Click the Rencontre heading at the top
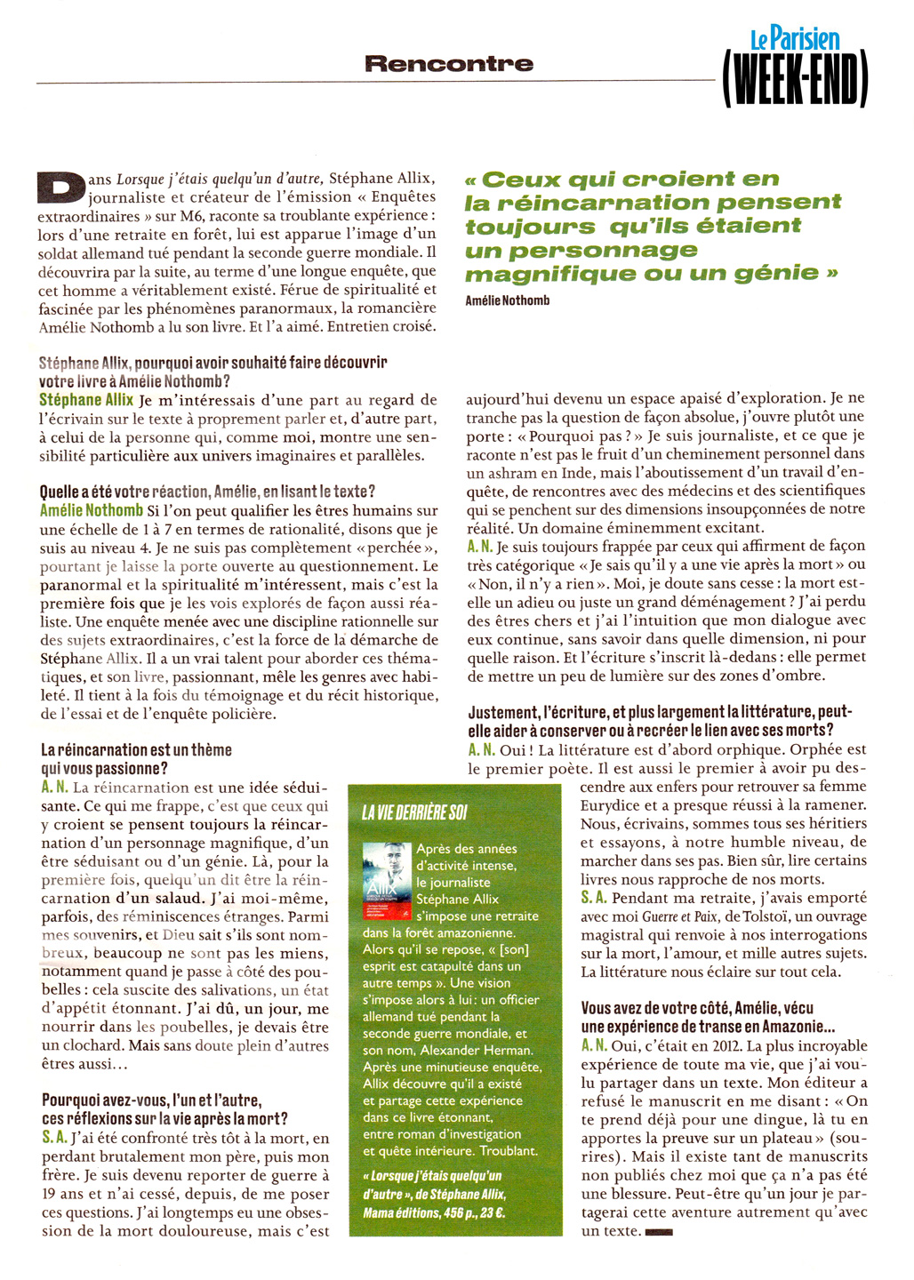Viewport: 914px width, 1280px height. pos(449,63)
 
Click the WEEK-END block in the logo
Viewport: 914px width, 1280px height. pos(795,80)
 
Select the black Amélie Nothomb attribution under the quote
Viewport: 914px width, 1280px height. pos(508,300)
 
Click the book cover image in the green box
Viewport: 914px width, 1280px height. pos(388,884)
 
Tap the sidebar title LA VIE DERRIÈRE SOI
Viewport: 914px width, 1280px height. pos(414,812)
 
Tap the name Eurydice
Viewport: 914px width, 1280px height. pos(611,805)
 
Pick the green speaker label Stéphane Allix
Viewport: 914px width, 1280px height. pos(86,400)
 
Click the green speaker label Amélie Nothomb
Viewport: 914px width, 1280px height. pos(92,510)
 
